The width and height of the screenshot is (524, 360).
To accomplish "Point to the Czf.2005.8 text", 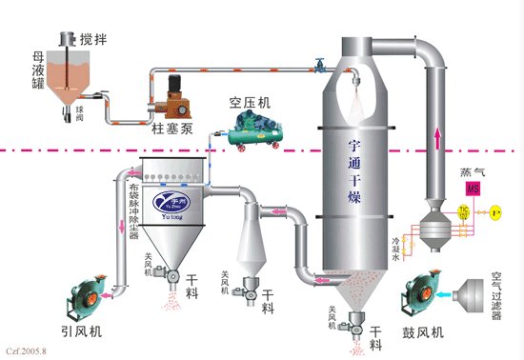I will coord(26,352).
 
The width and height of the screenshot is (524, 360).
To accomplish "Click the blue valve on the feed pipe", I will coord(321,66).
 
